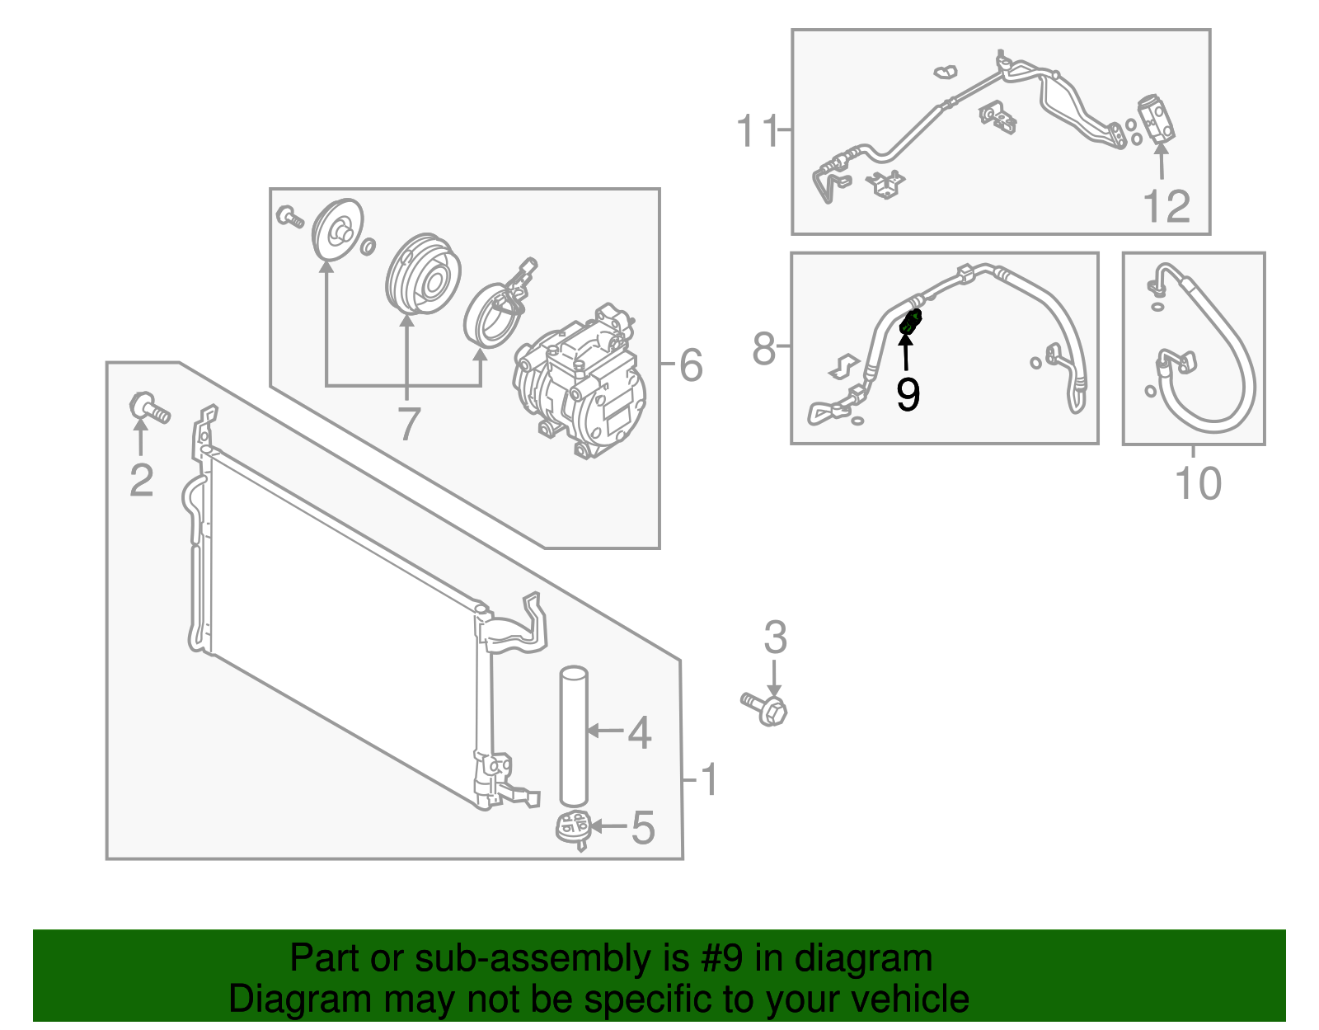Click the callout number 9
908,395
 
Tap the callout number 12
1166,206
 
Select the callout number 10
1198,483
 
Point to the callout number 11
757,131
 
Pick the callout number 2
142,480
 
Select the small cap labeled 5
574,826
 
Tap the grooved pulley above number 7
423,274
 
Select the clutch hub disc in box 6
338,232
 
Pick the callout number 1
709,779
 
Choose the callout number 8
764,349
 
